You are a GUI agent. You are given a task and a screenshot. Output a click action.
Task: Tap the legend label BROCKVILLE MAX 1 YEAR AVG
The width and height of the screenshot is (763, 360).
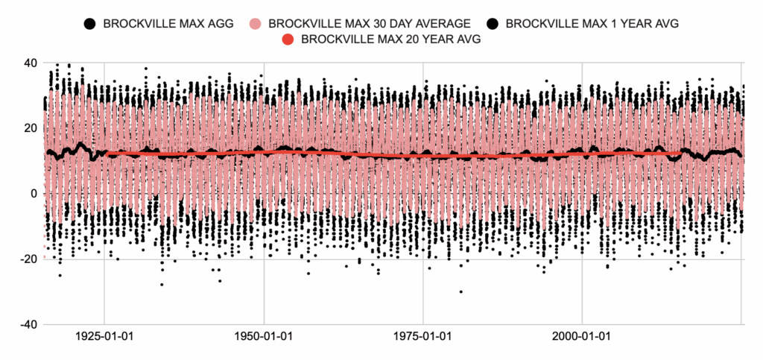592,23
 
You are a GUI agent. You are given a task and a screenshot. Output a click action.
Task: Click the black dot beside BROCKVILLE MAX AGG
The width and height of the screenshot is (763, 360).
89,23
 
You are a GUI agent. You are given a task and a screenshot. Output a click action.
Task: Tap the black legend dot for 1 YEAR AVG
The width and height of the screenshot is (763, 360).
491,23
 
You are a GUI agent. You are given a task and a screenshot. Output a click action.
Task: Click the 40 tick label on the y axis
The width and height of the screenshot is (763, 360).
31,63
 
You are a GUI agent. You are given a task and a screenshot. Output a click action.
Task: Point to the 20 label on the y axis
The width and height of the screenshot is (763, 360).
31,128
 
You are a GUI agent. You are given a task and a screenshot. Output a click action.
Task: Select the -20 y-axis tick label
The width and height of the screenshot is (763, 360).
28,259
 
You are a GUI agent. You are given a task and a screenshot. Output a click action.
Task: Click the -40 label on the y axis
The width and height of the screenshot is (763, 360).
28,325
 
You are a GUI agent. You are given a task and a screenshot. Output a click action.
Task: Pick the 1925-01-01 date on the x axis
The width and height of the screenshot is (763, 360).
105,337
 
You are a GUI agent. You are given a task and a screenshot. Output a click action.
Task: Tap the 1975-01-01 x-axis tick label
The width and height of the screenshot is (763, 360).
423,337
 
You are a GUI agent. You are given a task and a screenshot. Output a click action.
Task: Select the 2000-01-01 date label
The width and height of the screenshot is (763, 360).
582,337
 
